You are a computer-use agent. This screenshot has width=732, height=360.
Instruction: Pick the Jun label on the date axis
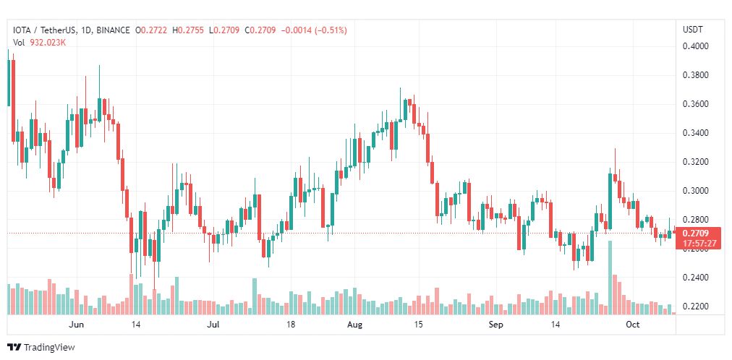(x=76, y=325)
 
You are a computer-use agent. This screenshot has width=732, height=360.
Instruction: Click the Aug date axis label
(x=355, y=325)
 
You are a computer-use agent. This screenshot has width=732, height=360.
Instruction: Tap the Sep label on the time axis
(x=495, y=325)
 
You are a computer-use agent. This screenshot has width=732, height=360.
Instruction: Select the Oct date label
(x=633, y=325)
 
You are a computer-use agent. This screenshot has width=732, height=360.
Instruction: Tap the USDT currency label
(x=693, y=30)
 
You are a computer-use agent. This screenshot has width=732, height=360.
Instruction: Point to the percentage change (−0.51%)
(x=331, y=30)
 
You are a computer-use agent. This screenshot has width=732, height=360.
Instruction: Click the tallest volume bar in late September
(x=610, y=278)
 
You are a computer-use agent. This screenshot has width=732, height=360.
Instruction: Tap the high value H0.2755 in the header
(x=187, y=30)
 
